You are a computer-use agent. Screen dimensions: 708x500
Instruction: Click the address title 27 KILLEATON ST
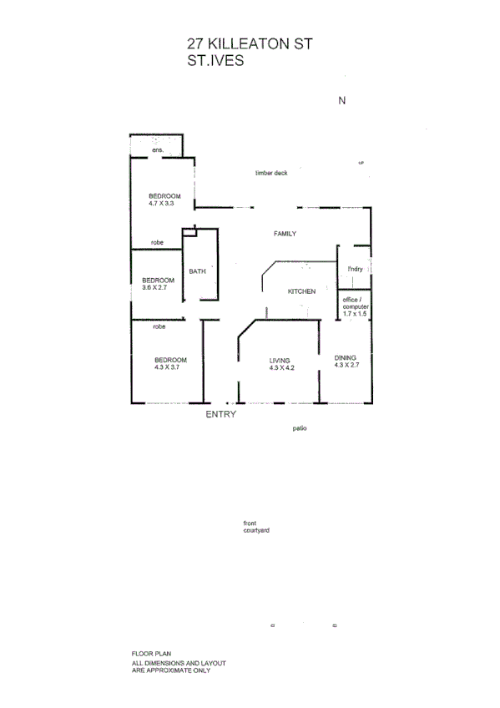tap(250, 44)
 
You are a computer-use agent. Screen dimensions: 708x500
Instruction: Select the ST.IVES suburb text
tap(216, 60)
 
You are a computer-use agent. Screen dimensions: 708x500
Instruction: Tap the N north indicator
tap(341, 101)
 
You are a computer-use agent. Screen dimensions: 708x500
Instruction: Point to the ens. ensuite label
tap(157, 150)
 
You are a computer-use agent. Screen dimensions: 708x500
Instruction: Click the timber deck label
tap(271, 173)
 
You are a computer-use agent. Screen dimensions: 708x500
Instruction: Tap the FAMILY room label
tap(285, 234)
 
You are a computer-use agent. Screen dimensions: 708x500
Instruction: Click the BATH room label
tap(197, 271)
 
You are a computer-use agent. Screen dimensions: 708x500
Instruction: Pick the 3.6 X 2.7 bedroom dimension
tap(154, 287)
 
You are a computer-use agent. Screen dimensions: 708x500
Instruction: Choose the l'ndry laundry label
tap(355, 268)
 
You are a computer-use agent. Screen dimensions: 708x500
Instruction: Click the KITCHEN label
tap(301, 291)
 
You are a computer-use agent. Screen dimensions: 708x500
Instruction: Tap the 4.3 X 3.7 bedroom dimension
tap(168, 367)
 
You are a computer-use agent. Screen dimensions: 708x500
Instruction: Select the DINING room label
tap(346, 358)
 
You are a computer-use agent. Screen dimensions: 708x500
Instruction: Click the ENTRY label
tap(221, 414)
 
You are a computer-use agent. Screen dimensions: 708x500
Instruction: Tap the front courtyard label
tap(256, 526)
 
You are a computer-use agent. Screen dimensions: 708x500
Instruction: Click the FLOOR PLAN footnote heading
tap(151, 654)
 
